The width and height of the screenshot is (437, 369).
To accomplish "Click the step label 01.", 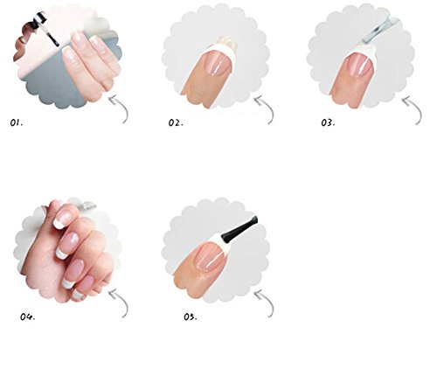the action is pyautogui.click(x=17, y=122).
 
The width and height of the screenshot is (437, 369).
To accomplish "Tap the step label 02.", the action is pyautogui.click(x=176, y=122).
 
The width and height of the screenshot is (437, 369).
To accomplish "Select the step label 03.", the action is pyautogui.click(x=328, y=122).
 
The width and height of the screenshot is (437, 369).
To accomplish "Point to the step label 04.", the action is pyautogui.click(x=28, y=317).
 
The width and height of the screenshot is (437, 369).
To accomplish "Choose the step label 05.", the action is pyautogui.click(x=191, y=317).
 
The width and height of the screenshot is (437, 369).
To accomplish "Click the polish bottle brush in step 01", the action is pyautogui.click(x=50, y=32).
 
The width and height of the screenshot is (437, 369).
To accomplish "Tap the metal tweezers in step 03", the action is pyautogui.click(x=378, y=31).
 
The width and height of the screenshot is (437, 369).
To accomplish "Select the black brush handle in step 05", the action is pyautogui.click(x=239, y=230).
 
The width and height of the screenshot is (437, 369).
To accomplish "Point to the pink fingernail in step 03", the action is pyautogui.click(x=357, y=66).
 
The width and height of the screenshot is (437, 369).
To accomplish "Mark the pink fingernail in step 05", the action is pyautogui.click(x=210, y=257).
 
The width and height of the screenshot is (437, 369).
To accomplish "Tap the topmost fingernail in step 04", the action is pyautogui.click(x=63, y=217).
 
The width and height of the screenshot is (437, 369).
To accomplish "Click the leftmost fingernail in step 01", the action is pyautogui.click(x=69, y=53).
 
